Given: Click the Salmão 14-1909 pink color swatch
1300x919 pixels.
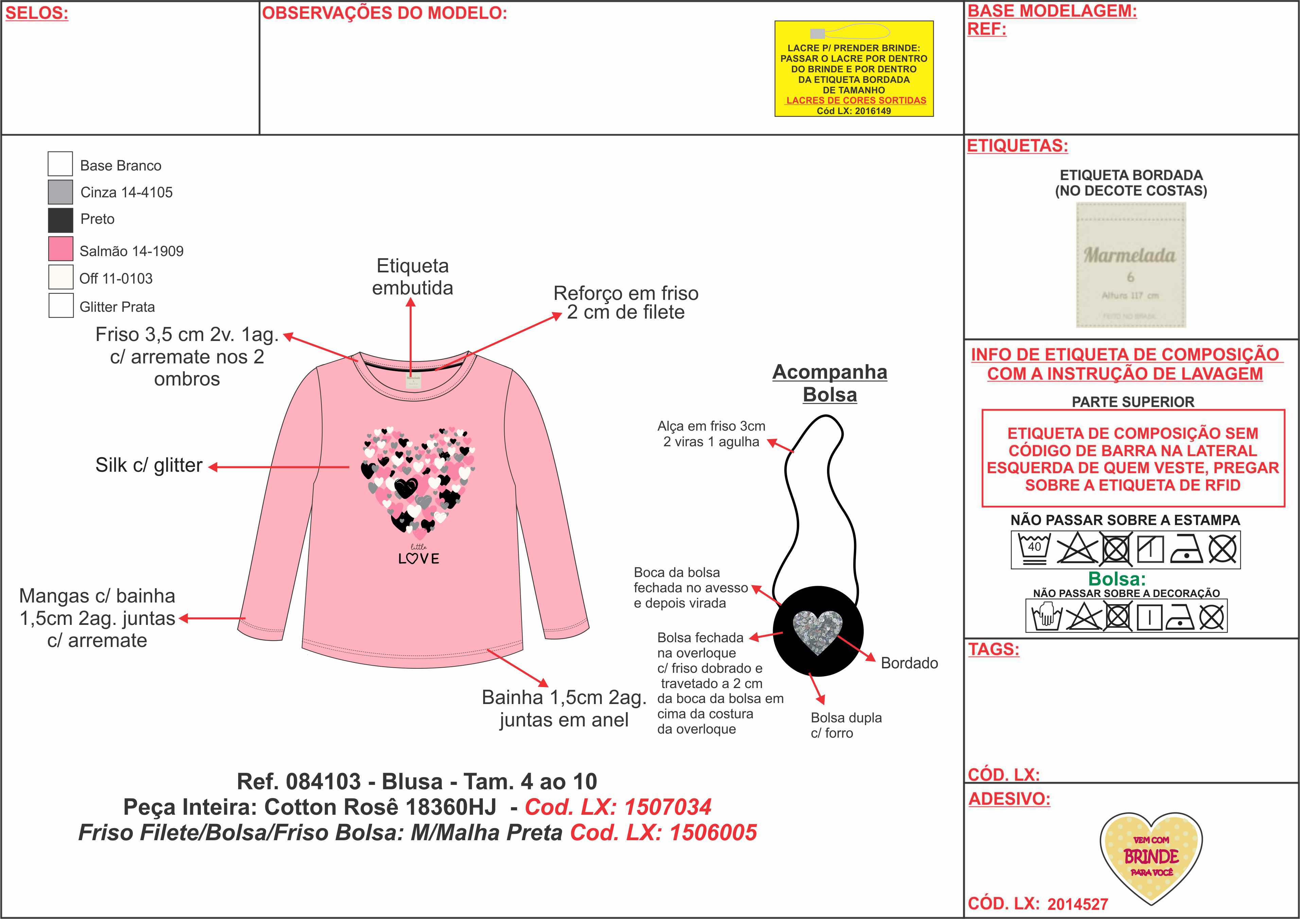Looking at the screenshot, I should [60, 249].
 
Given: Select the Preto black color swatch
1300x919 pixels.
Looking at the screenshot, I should [60, 220].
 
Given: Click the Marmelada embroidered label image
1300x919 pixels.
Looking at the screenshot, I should [1131, 265].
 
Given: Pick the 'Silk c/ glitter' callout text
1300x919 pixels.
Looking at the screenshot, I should [149, 465].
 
